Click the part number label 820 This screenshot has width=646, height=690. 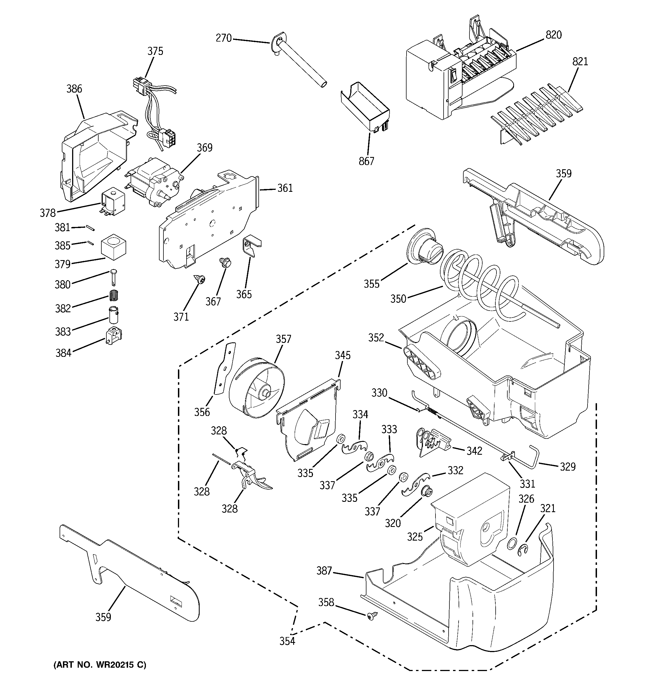[x=554, y=35]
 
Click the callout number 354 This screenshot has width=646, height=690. [x=287, y=641]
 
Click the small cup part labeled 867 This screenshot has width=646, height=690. [x=365, y=108]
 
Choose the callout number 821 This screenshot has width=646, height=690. [x=580, y=62]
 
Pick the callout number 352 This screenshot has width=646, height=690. [x=376, y=338]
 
